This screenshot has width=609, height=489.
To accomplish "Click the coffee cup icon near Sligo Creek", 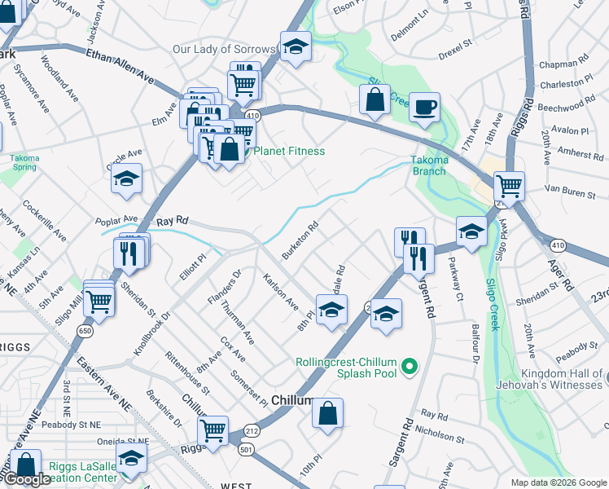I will tap(424, 107).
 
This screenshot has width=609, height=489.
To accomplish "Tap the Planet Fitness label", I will tap(289, 151).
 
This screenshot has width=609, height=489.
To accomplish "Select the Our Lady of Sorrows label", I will tap(225, 50).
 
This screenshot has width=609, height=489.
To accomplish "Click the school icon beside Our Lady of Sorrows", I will tap(296, 47).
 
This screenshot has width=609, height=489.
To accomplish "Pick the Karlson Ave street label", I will tap(280, 292).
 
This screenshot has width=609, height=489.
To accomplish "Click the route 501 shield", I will tap(245, 448).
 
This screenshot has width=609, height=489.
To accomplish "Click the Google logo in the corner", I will tap(27, 479).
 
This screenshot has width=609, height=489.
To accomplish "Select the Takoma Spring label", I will tap(23, 162).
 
